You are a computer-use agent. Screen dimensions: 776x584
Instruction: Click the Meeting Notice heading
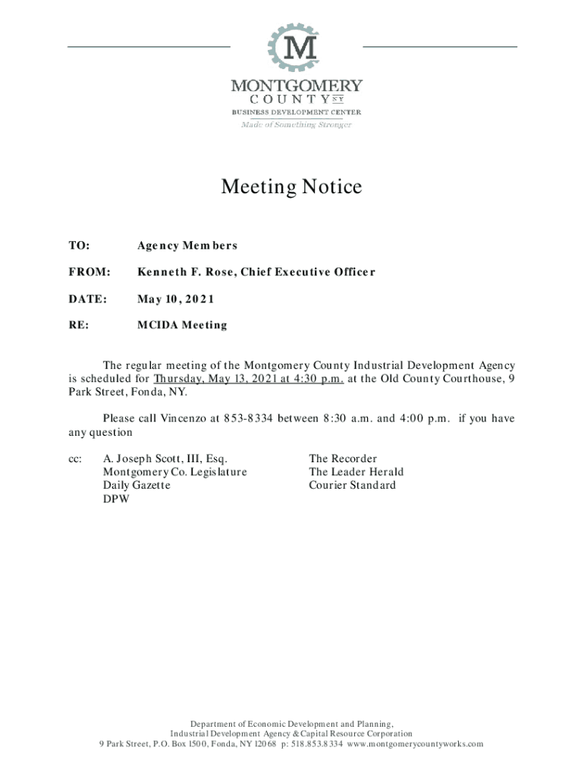point(291,186)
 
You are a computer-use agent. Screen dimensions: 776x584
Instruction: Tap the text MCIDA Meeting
point(182,325)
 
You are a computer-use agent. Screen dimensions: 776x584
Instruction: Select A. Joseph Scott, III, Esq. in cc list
point(165,458)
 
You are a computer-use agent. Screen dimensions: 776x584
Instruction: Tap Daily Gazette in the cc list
point(137,485)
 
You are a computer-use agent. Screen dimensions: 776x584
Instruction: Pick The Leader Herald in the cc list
point(356,472)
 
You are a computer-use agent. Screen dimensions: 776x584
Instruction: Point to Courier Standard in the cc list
point(352,485)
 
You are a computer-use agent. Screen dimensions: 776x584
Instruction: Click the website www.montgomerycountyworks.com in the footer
point(415,743)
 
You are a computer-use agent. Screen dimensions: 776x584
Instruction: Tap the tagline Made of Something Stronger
point(297,124)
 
